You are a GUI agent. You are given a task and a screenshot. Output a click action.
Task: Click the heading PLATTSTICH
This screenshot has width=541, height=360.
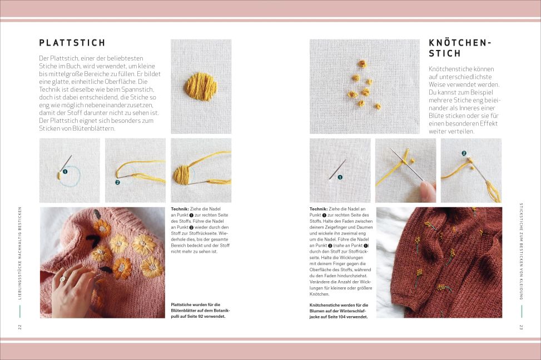(72, 43)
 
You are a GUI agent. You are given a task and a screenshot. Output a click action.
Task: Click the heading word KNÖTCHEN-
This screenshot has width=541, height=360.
(460, 43)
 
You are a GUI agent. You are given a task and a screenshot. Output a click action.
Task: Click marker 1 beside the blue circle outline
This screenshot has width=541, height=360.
(65, 171)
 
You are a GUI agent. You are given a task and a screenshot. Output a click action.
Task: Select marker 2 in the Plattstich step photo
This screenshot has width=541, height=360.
(117, 182)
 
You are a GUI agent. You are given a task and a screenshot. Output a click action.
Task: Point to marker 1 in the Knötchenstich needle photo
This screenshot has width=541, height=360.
(340, 177)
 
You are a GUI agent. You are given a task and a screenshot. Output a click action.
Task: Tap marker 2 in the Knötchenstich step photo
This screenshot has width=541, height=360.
(464, 153)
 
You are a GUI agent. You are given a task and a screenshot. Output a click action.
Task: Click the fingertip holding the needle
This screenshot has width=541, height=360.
(428, 189)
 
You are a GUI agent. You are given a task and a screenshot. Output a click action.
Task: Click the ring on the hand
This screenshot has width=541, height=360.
(63, 279)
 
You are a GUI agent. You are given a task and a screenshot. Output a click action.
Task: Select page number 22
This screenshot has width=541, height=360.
(19, 327)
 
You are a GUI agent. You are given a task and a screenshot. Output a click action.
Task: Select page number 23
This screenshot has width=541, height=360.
(521, 327)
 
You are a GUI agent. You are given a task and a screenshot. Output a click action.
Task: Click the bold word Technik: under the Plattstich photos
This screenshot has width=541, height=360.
(180, 209)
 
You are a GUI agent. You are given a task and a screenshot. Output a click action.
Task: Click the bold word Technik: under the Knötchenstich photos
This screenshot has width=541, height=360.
(319, 209)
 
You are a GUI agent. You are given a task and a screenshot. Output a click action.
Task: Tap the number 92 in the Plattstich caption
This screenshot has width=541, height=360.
(201, 316)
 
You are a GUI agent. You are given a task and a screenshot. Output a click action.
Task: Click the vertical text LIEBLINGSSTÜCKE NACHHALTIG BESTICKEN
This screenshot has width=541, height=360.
(19, 253)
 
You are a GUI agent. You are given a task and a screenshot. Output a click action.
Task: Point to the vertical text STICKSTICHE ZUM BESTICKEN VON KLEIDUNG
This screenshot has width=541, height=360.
(521, 251)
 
